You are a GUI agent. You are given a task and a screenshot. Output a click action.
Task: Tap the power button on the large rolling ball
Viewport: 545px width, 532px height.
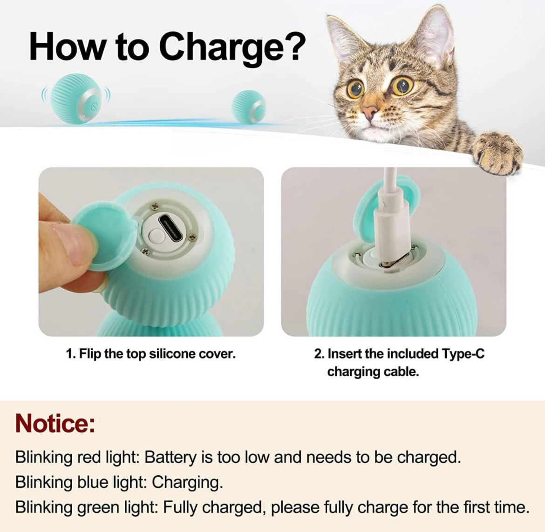(x=93, y=107)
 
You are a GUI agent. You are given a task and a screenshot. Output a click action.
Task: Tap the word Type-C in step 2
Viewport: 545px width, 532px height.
(x=463, y=354)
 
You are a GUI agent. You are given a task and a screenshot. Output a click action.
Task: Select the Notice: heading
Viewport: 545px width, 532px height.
(x=55, y=423)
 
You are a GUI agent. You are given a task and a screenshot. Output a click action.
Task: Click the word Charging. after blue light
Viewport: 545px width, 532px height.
(x=187, y=483)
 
